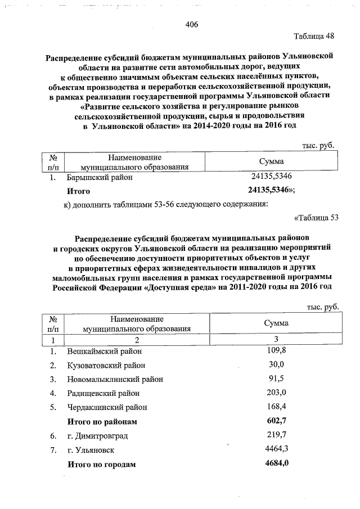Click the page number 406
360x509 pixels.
(191, 24)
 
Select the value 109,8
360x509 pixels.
(276, 351)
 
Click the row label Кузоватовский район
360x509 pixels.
(107, 366)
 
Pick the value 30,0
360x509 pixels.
(276, 365)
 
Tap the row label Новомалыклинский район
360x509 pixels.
(115, 379)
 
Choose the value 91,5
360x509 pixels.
(276, 379)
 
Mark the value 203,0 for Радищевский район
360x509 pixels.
(276, 393)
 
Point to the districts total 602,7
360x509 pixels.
(276, 420)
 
